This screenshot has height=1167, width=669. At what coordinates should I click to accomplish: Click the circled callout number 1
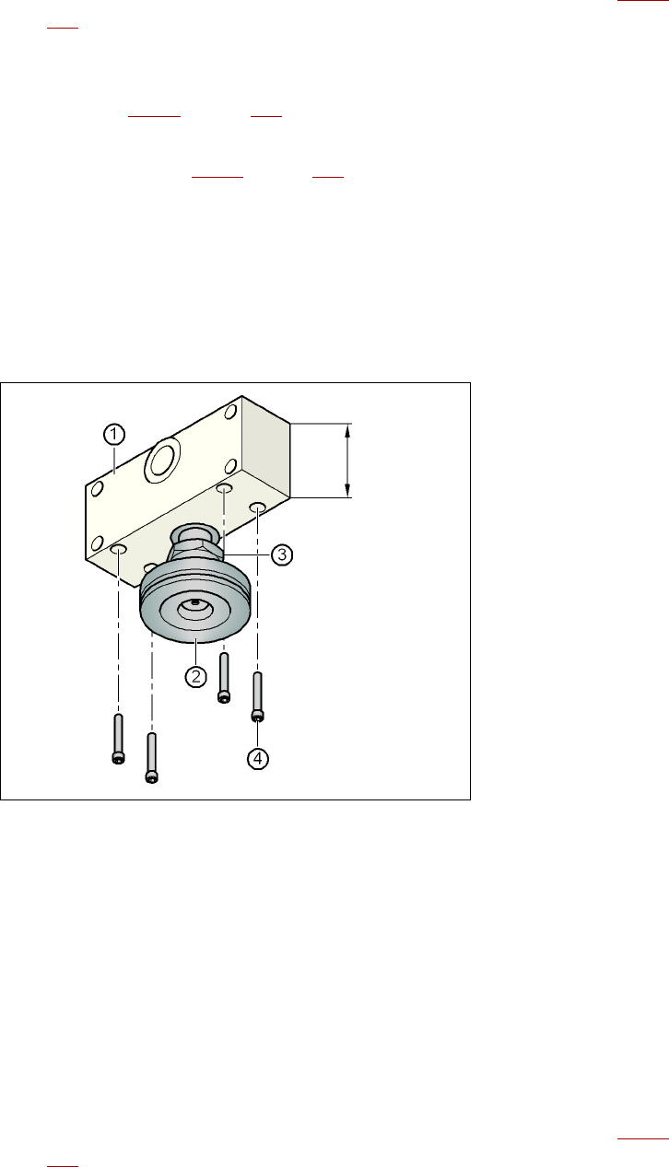pyautogui.click(x=114, y=435)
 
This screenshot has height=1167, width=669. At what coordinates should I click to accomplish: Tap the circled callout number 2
pyautogui.click(x=196, y=676)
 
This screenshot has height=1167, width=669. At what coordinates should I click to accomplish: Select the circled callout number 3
pyautogui.click(x=282, y=554)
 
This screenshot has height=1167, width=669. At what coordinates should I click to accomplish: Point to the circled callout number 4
pyautogui.click(x=258, y=759)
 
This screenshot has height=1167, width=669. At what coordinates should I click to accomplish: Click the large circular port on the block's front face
pyautogui.click(x=162, y=460)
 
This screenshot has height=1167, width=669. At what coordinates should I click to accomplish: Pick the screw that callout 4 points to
pyautogui.click(x=257, y=697)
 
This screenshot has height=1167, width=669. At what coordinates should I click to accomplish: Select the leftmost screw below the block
pyautogui.click(x=118, y=739)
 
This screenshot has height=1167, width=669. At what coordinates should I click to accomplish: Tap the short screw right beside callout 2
pyautogui.click(x=224, y=678)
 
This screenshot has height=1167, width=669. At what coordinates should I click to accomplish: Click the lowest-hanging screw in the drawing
pyautogui.click(x=152, y=758)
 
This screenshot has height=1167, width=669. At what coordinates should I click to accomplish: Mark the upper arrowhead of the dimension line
pyautogui.click(x=347, y=430)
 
